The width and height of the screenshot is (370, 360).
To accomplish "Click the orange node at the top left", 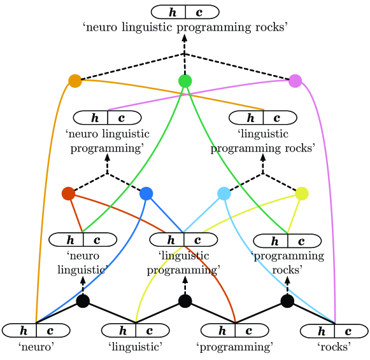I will [x=75, y=81].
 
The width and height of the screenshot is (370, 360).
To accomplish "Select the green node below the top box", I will [x=185, y=81].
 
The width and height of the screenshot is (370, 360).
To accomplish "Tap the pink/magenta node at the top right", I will [x=295, y=81].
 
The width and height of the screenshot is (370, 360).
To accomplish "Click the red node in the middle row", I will [x=68, y=193].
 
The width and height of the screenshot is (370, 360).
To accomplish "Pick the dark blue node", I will [x=146, y=193].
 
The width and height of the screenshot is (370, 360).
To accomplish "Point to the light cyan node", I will [x=224, y=193].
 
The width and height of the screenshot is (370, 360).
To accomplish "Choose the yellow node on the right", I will [x=302, y=193].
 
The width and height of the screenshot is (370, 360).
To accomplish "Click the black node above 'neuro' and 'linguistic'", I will [x=83, y=301].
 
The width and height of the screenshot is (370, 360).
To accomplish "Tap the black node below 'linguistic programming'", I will [x=185, y=301].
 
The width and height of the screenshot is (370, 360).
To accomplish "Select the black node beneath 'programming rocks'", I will [x=287, y=301].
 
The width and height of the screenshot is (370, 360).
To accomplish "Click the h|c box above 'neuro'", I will [x=36, y=331].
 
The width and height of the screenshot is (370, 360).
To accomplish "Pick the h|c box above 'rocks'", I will [x=334, y=331].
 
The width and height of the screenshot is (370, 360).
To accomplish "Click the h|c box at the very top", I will [x=185, y=11].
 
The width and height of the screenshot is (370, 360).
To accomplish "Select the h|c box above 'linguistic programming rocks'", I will [x=263, y=118].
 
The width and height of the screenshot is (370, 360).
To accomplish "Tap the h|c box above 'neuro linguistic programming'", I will [x=107, y=118].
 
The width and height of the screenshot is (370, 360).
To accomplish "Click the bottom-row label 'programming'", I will [x=235, y=347].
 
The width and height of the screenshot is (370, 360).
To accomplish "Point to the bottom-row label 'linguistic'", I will [x=136, y=347].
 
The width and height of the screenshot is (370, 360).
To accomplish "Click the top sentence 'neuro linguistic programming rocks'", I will [x=185, y=27].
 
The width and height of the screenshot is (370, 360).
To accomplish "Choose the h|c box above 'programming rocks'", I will [x=287, y=241].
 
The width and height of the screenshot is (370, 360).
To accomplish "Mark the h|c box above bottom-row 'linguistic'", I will [x=136, y=331].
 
